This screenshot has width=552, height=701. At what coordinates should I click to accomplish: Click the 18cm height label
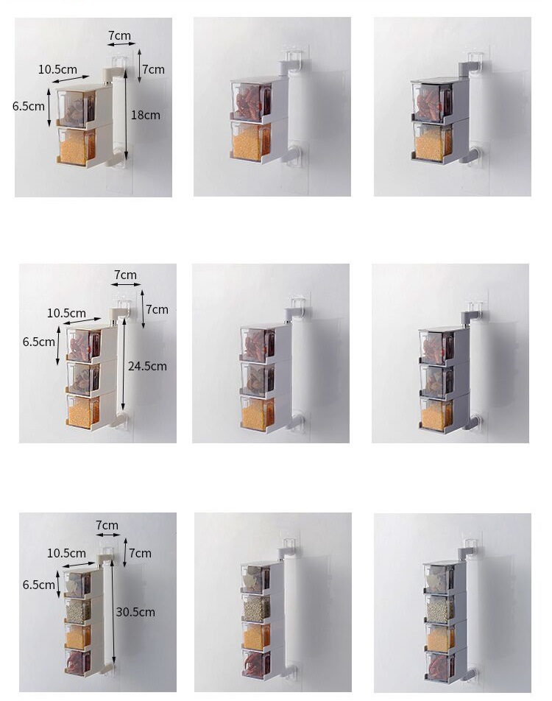tap(146, 115)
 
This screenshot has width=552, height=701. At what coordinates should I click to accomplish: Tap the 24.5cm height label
tap(147, 366)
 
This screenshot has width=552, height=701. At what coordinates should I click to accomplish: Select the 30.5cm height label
tap(135, 612)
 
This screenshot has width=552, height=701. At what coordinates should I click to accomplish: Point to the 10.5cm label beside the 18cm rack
tap(57, 70)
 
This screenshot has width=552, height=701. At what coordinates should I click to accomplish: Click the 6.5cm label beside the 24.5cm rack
tap(39, 342)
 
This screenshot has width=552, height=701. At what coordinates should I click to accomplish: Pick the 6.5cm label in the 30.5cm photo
tap(39, 585)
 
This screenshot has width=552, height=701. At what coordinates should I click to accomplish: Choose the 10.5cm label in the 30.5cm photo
tap(66, 553)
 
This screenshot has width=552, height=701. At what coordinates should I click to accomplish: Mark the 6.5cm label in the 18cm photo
tap(29, 105)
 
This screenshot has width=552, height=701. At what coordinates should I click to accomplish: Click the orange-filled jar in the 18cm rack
tap(77, 147)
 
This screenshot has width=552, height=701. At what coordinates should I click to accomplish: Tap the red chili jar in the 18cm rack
tap(77, 110)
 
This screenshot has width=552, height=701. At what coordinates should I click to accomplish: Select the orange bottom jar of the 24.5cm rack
tap(83, 412)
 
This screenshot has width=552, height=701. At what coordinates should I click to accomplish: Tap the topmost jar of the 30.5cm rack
tap(77, 584)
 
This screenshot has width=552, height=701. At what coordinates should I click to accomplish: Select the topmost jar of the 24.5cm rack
tap(83, 345)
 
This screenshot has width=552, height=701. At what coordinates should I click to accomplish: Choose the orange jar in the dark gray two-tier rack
tap(433, 143)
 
